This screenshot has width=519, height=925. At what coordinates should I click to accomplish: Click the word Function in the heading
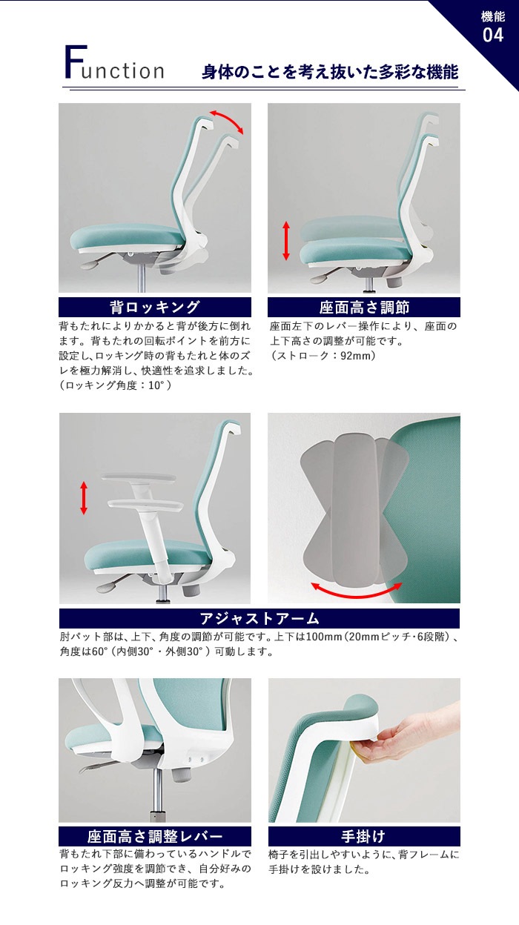point(114,63)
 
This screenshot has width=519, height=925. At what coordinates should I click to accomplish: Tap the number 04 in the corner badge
point(493,35)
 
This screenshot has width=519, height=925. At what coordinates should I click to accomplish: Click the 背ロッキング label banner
point(155,308)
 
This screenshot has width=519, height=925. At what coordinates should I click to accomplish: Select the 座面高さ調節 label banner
point(364,308)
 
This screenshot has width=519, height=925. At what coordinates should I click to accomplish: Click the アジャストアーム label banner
point(259,618)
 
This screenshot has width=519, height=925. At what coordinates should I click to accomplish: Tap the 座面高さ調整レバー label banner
point(155,836)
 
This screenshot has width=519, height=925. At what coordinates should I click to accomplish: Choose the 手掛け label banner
point(364,836)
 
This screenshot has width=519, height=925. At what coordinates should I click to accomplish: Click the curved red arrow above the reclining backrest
point(228,120)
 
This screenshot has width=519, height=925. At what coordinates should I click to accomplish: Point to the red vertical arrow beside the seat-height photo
point(286,241)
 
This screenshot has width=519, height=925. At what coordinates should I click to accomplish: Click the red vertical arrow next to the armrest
point(84,497)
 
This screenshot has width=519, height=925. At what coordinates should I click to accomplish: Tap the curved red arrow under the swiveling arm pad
point(356,591)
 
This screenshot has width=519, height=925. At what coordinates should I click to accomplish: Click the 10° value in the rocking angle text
point(156,385)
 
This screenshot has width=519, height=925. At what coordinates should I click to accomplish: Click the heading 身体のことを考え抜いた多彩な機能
point(330,72)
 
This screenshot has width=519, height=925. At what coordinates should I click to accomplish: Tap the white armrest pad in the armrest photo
point(145,506)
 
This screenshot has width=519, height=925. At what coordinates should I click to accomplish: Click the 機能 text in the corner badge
point(493,17)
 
